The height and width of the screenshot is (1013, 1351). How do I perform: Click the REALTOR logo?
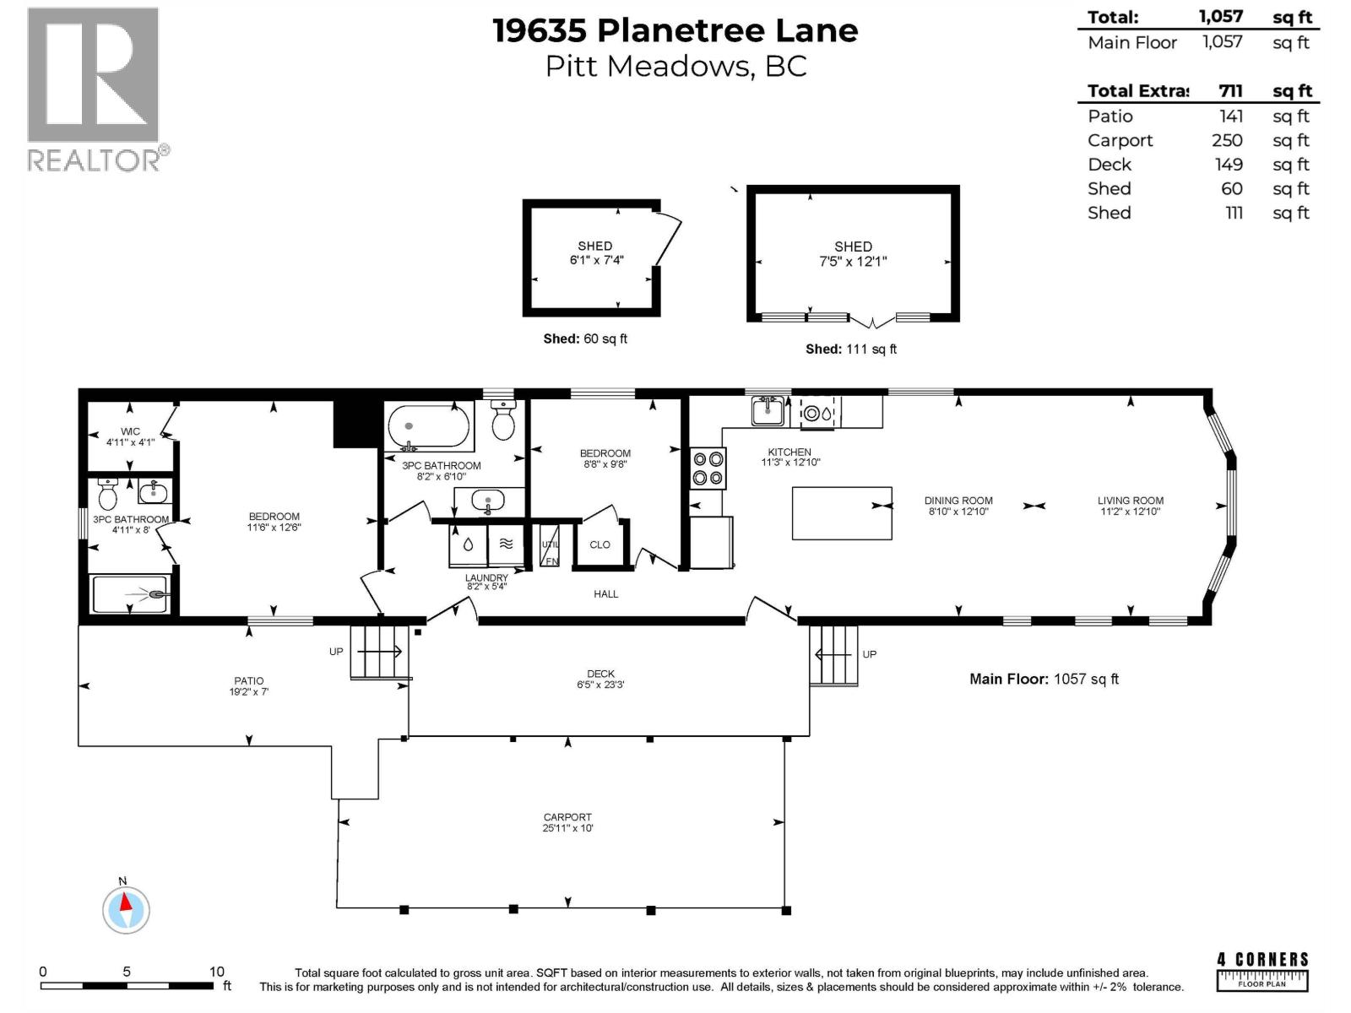pyautogui.click(x=94, y=89)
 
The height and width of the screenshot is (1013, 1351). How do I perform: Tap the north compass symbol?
pyautogui.click(x=126, y=910)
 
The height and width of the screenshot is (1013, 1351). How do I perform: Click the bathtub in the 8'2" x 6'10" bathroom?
pyautogui.click(x=427, y=427)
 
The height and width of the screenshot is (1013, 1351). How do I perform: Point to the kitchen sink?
pyautogui.click(x=768, y=411)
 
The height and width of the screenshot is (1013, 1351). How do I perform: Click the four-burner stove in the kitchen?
pyautogui.click(x=708, y=468)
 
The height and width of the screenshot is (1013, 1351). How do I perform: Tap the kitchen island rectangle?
pyautogui.click(x=841, y=512)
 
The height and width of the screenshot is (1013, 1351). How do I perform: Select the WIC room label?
pyautogui.click(x=130, y=431)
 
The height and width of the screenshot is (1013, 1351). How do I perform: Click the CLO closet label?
pyautogui.click(x=600, y=544)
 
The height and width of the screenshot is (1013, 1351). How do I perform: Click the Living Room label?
pyautogui.click(x=1130, y=501)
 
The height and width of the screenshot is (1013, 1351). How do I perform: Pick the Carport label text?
pyautogui.click(x=567, y=817)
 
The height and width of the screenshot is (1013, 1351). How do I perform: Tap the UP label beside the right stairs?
pyautogui.click(x=869, y=654)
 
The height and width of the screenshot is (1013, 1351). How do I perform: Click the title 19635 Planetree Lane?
pyautogui.click(x=675, y=30)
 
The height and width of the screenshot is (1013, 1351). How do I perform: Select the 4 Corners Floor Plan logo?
pyautogui.click(x=1262, y=972)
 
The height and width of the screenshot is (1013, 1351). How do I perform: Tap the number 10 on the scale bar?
pyautogui.click(x=216, y=972)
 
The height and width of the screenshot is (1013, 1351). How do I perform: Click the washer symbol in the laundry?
pyautogui.click(x=468, y=545)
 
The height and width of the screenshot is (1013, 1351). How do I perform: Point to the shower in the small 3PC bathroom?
pyautogui.click(x=132, y=593)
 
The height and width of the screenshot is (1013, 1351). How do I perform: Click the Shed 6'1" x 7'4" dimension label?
pyautogui.click(x=595, y=260)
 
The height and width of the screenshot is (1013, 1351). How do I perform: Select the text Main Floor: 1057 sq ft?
pyautogui.click(x=1044, y=679)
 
